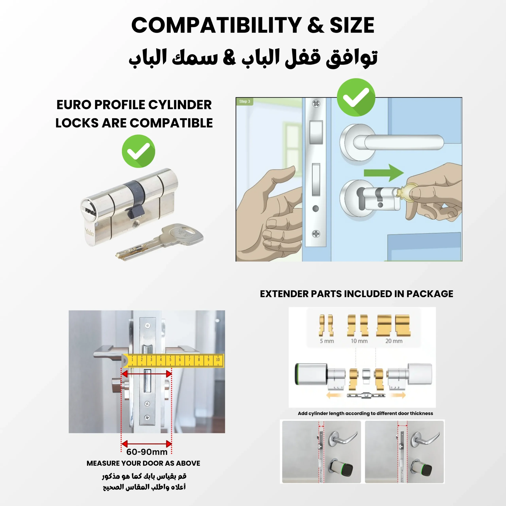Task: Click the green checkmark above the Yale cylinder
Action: (138, 151)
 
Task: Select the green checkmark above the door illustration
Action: (356, 97)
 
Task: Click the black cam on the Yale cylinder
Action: (136, 199)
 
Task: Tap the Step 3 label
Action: (245, 101)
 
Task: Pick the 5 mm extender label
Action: (327, 341)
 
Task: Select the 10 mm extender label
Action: (359, 341)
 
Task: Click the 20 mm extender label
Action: (394, 341)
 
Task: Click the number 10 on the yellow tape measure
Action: (218, 360)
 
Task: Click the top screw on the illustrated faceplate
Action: (316, 103)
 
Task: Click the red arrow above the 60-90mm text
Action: (147, 444)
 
